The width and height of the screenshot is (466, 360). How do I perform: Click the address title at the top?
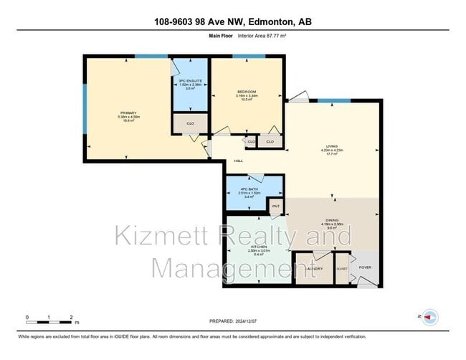(233, 22)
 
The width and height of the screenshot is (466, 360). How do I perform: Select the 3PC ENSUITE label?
(190, 81)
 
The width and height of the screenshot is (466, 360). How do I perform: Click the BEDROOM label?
(247, 93)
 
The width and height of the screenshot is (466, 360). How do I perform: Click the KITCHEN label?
(259, 247)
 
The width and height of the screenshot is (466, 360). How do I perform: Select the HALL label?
(238, 161)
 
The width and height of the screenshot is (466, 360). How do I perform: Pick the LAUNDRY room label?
(314, 268)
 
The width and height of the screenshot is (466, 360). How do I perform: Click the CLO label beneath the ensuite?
(190, 123)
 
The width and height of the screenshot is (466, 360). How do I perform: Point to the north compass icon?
(429, 316)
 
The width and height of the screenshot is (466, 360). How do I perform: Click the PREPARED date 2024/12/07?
(232, 321)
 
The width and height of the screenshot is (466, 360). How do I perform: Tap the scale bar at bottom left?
(49, 320)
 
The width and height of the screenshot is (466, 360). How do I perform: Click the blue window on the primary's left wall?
(85, 108)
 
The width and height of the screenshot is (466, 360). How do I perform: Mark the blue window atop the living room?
(335, 101)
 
